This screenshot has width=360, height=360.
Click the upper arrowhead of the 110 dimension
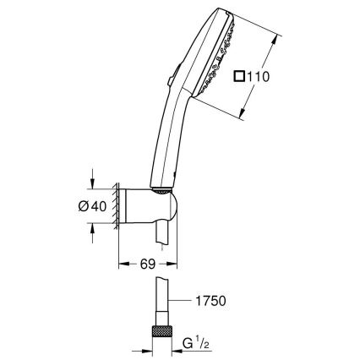coord(276,35)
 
